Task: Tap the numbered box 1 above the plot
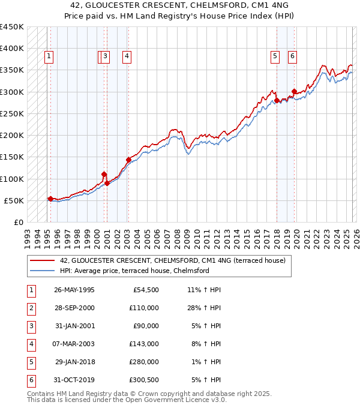click(x=48, y=57)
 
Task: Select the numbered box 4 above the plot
click(x=127, y=57)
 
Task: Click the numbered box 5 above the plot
click(x=275, y=57)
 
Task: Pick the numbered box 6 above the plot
click(x=292, y=57)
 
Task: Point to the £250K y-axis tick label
click(x=12, y=113)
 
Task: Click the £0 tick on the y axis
click(x=18, y=223)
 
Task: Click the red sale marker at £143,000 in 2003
click(x=128, y=160)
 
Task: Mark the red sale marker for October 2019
click(x=294, y=92)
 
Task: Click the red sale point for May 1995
click(x=50, y=199)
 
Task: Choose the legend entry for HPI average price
click(x=134, y=271)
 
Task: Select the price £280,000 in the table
click(x=143, y=362)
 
